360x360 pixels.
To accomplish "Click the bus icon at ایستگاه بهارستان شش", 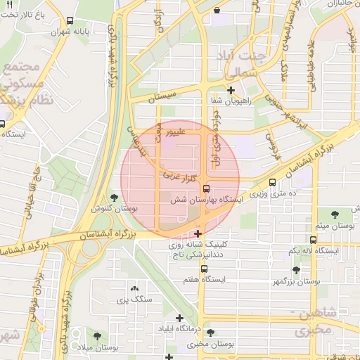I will point(206,188).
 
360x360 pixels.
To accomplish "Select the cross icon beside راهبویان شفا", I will point(231,90).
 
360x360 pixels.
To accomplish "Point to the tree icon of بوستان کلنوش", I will point(115,198).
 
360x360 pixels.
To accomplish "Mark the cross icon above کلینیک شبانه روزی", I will point(199,233).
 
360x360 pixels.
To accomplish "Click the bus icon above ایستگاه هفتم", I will point(204,269).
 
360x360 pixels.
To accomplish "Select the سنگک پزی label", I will point(134,300).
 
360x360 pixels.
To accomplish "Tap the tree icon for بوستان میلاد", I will point(96,336).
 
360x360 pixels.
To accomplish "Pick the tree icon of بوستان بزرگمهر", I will point(296,270).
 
